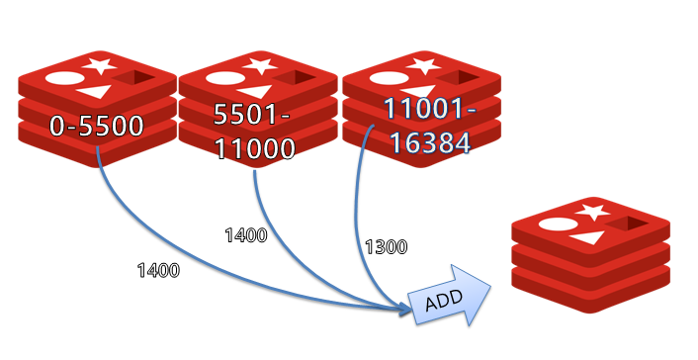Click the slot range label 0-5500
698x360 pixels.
coord(97,126)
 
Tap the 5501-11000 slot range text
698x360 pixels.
coord(254,132)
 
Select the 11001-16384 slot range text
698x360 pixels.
coord(429,126)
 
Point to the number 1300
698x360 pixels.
coord(386,247)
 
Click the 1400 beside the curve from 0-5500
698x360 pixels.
coord(158,270)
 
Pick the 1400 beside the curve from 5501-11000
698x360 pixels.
coord(246,235)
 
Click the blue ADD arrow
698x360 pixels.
coord(450,297)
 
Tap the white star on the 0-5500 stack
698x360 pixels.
coord(100,65)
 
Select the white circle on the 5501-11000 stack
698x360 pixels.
coord(224,78)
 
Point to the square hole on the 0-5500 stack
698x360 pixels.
coord(133,79)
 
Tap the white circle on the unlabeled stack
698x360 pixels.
coord(558,225)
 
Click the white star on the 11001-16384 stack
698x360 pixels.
coord(424,65)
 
